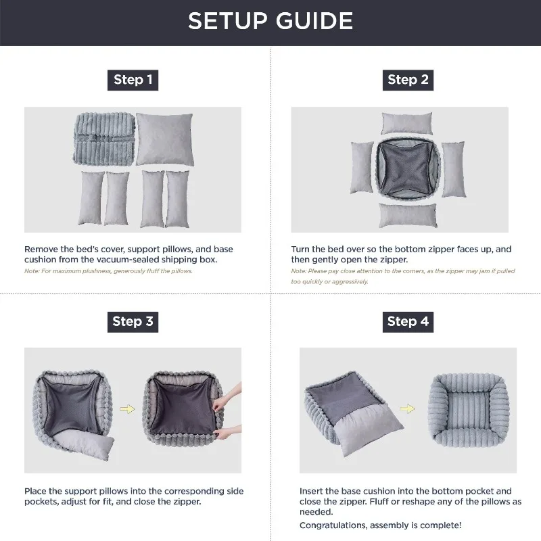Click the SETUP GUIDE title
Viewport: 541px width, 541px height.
(x=270, y=21)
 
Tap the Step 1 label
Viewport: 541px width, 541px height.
(x=133, y=80)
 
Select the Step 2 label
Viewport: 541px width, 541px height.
(x=408, y=80)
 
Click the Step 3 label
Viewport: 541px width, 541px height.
(x=133, y=321)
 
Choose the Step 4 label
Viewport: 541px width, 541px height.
(x=408, y=321)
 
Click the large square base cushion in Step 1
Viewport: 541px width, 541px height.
(x=164, y=139)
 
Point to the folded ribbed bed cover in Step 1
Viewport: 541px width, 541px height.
(x=103, y=137)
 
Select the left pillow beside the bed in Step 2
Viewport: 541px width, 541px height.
(x=362, y=168)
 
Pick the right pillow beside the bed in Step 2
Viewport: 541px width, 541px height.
(x=453, y=169)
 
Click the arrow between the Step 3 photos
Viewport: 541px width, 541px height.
(x=126, y=408)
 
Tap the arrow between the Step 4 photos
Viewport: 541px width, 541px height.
(x=408, y=409)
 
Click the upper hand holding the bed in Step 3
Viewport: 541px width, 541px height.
(x=232, y=394)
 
